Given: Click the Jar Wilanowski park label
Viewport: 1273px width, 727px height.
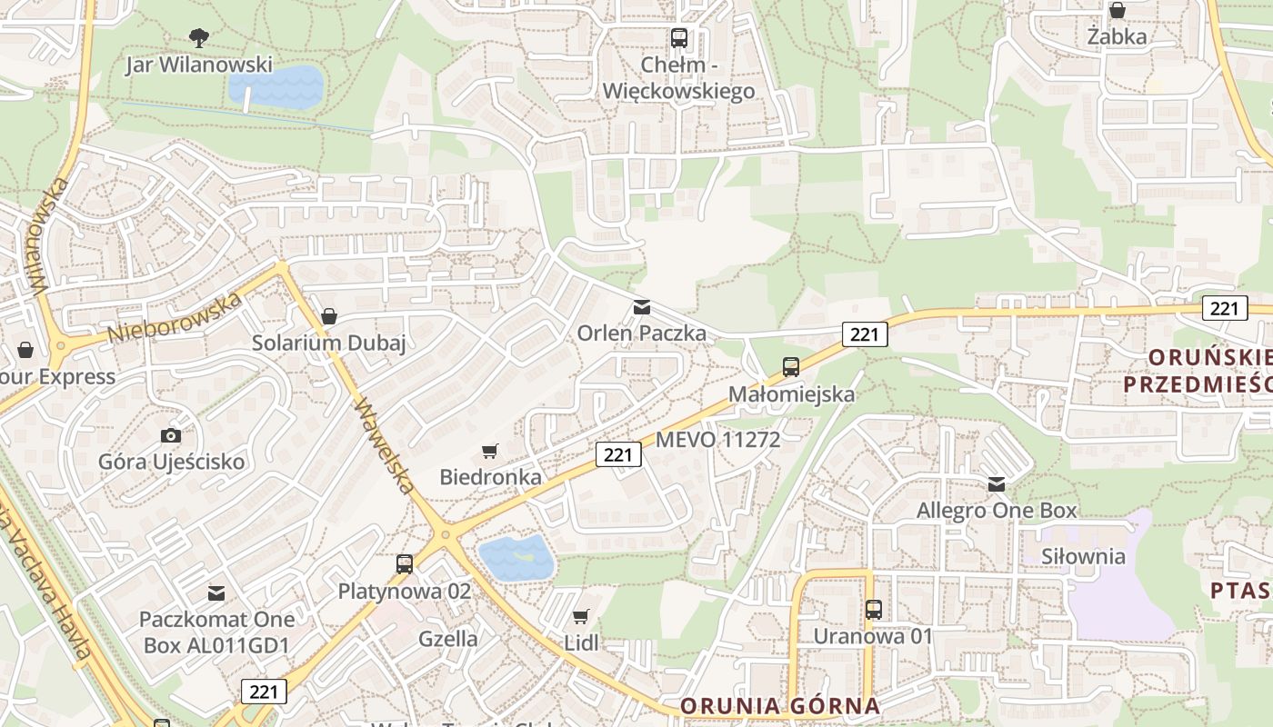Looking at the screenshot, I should [x=199, y=65].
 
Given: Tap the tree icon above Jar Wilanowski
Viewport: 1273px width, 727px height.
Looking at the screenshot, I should [x=198, y=37].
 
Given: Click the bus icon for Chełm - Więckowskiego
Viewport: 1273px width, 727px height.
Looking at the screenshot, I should [x=679, y=38].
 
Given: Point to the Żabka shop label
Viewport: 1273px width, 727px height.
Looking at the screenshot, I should [x=1117, y=37].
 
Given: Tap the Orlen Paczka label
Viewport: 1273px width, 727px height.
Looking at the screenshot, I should [x=642, y=334].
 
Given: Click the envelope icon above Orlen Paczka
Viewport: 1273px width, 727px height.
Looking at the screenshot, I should [x=642, y=307].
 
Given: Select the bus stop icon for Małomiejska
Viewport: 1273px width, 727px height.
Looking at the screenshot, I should [x=791, y=367].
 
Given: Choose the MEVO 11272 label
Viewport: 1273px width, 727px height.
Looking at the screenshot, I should [x=718, y=440].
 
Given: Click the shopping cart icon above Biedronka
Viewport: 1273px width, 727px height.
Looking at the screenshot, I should [x=490, y=451].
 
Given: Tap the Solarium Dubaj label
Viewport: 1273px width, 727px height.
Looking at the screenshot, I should [x=328, y=343].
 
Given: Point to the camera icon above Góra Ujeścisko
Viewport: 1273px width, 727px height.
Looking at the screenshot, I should [x=170, y=436].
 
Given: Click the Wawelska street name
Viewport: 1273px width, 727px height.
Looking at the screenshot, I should [x=386, y=446].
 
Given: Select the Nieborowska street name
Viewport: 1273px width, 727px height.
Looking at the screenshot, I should [x=175, y=317].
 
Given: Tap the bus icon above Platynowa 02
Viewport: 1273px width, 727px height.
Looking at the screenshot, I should [x=405, y=564].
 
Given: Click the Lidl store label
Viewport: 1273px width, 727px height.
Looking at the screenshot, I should [x=582, y=642].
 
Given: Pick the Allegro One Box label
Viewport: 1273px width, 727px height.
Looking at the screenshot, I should [x=997, y=510].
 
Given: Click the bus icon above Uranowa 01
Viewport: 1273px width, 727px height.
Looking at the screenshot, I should [x=874, y=610].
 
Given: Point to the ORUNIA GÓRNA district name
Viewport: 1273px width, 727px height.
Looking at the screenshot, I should [x=780, y=705].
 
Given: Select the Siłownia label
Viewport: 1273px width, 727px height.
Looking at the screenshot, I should [x=1083, y=556].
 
